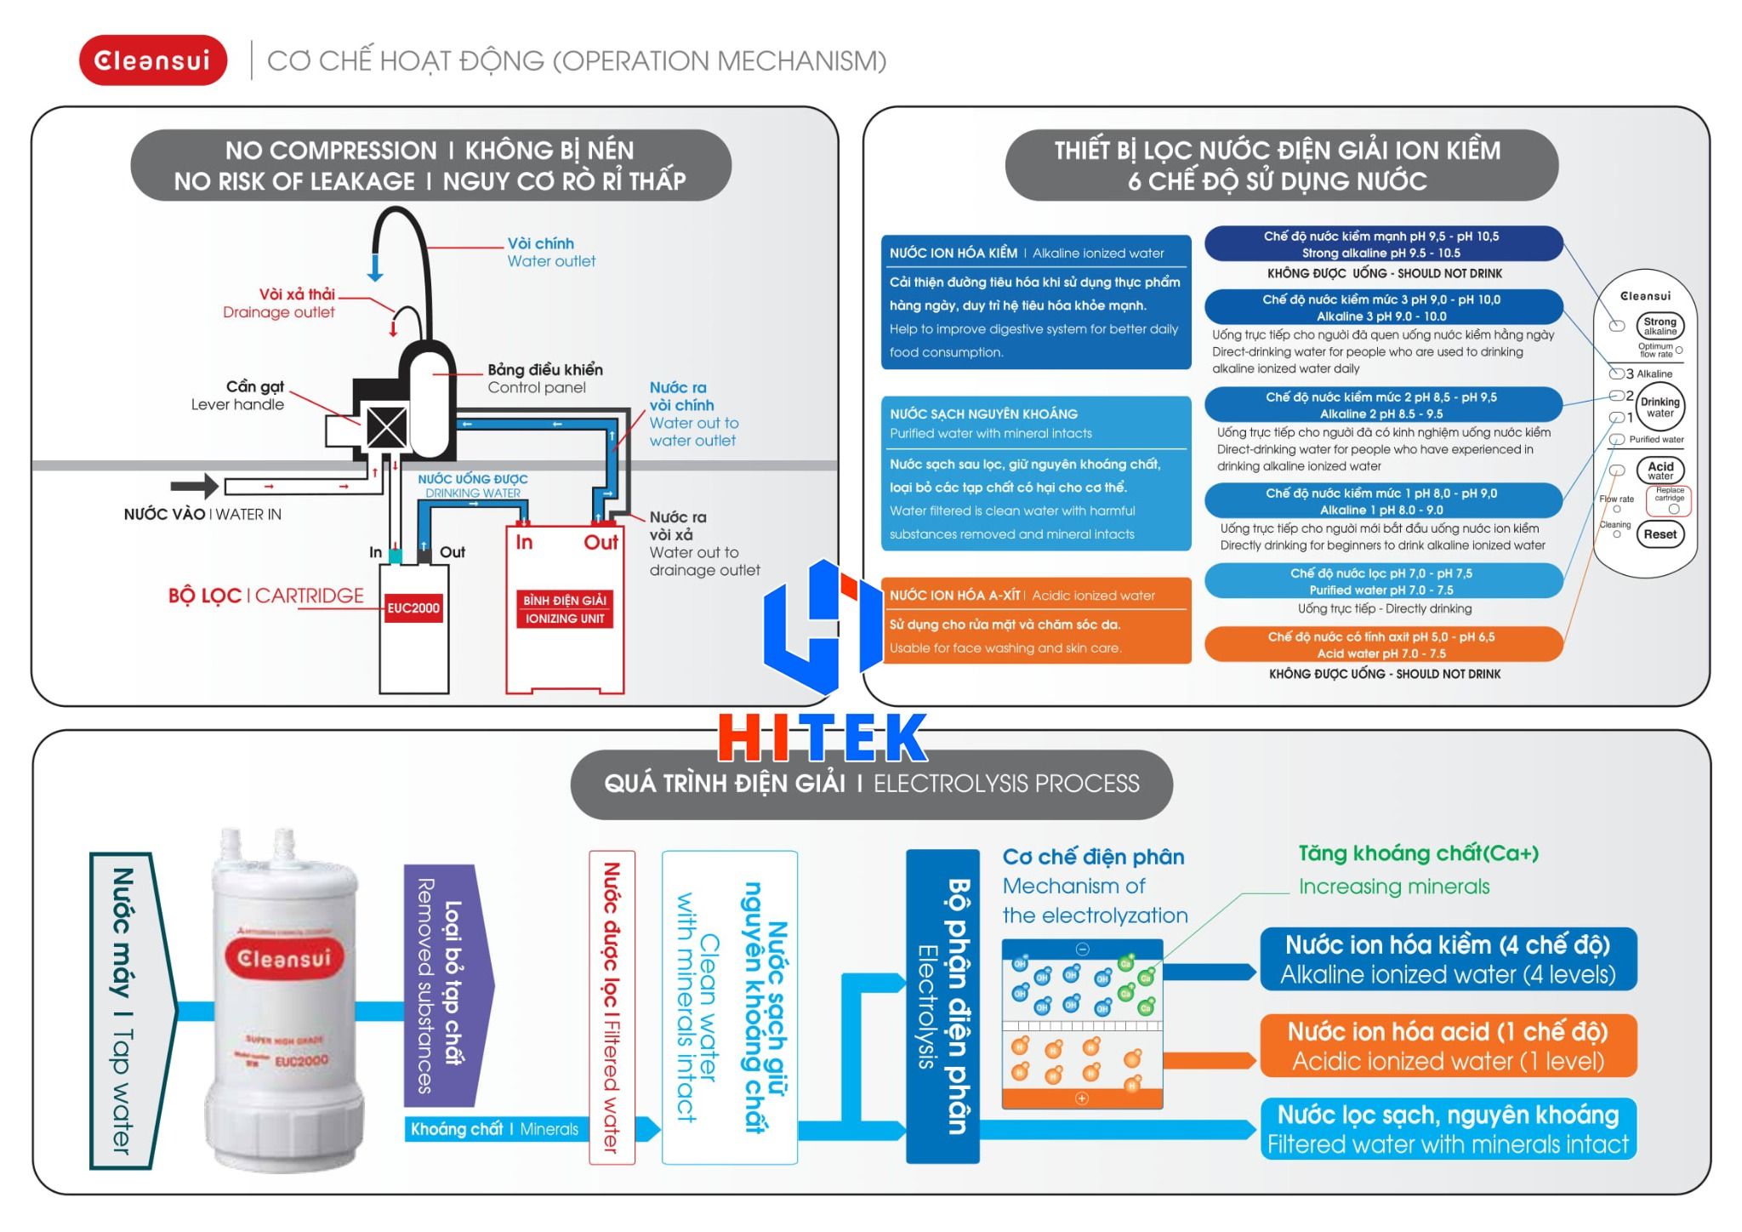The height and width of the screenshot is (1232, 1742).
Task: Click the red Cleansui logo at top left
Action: click(153, 60)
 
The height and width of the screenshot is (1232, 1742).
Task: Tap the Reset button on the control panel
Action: click(1659, 534)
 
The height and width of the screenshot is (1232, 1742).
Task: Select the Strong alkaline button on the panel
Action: click(1659, 326)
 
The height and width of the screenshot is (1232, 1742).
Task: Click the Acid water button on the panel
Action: click(1659, 470)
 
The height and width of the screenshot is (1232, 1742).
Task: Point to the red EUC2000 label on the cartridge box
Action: click(413, 607)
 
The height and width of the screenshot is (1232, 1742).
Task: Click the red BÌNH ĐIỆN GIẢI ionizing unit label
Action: click(565, 609)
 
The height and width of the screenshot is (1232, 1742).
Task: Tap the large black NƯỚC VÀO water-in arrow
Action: click(194, 486)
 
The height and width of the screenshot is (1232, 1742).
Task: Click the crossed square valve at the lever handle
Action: click(386, 427)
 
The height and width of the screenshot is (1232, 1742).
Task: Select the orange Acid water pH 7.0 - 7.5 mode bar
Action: click(1384, 645)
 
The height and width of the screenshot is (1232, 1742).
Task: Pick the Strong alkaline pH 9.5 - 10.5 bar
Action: click(1383, 244)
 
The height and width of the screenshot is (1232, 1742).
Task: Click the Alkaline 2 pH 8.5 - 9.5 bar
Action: click(1383, 405)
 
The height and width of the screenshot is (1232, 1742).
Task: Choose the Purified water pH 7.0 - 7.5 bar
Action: click(1383, 581)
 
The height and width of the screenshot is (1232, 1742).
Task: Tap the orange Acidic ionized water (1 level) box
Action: click(1448, 1046)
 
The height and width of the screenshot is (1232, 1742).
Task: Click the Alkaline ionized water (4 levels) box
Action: click(1448, 959)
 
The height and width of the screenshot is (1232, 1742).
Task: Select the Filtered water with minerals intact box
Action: click(1448, 1129)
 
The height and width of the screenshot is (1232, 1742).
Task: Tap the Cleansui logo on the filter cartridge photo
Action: click(284, 959)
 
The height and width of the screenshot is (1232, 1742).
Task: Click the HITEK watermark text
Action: click(823, 737)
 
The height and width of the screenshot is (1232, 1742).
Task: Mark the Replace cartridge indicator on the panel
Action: click(1669, 501)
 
